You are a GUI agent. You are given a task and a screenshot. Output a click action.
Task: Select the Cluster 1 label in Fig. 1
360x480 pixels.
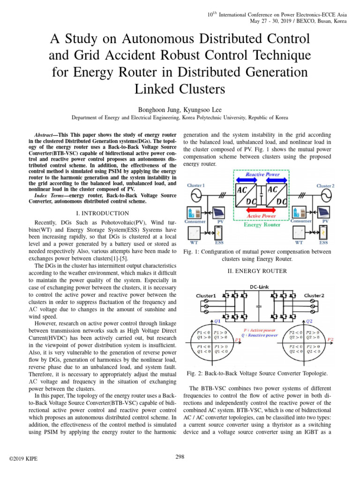pos(195,186)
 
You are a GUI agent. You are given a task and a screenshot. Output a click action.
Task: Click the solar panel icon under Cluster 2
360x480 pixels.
pos(323,211)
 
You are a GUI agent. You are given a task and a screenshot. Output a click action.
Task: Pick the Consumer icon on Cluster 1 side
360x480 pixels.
pos(196,211)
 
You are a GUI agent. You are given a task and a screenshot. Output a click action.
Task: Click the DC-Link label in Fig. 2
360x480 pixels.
pos(260,286)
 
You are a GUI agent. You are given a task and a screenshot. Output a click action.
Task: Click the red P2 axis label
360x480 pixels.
pos(330,339)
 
